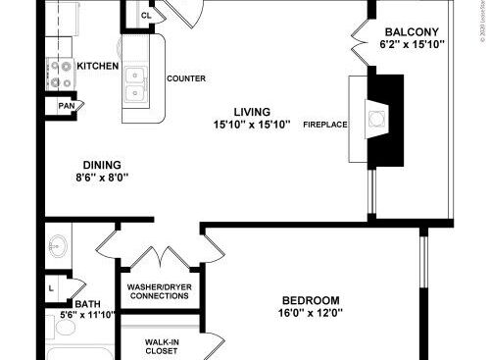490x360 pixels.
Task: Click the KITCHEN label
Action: [99, 67]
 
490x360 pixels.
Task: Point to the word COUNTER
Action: [184, 77]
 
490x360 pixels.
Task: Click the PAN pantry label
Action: [67, 106]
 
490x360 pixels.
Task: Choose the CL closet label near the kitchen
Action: [146, 15]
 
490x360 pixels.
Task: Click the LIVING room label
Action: [251, 112]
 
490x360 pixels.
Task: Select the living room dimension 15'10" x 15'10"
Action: [251, 125]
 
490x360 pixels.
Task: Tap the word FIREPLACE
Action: [324, 125]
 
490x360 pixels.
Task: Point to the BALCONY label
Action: [412, 30]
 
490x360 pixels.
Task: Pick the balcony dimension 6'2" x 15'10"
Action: [412, 44]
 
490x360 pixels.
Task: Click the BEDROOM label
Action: [310, 300]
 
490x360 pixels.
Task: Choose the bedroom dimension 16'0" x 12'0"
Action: [310, 314]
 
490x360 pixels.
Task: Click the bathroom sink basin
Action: [57, 245]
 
